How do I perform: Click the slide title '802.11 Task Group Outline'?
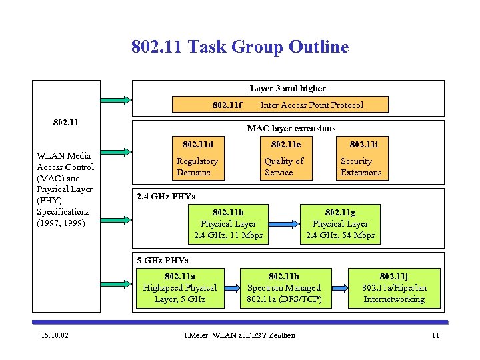pos(240,47)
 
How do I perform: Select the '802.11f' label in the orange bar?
pos(227,105)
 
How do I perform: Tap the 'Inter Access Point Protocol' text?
pos(311,105)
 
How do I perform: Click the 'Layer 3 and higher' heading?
pos(287,88)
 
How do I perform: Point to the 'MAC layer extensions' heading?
pos(291,128)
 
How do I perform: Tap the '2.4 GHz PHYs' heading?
pos(165,197)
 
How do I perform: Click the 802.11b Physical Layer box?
pos(229,224)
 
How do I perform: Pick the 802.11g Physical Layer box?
pos(340,224)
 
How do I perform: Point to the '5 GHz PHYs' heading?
pos(162,260)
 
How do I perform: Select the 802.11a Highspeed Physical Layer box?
pos(180,288)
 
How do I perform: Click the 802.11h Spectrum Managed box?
pos(284,288)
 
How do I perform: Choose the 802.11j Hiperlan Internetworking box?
pos(394,288)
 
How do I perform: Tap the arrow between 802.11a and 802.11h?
pos(231,288)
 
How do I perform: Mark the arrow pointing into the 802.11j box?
pos(339,288)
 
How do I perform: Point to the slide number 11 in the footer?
pos(435,335)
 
